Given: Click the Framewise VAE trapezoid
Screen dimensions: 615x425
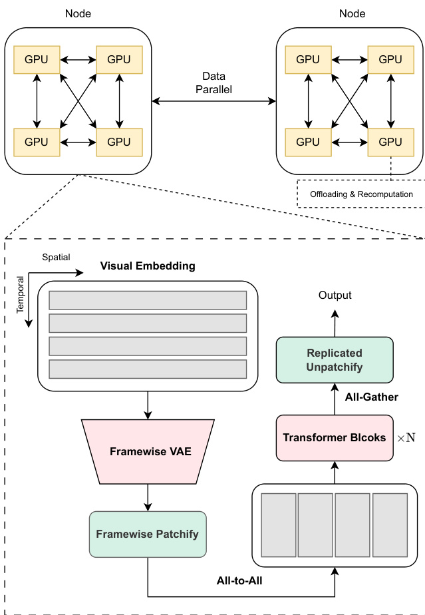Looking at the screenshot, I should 147,451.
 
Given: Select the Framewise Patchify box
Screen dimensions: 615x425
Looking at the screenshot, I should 147,534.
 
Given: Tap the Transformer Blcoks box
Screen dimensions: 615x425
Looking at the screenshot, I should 335,437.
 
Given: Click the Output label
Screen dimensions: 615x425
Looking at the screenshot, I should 335,296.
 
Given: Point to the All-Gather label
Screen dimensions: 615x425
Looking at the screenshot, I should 371,397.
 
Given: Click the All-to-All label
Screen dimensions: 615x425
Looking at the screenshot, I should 239,581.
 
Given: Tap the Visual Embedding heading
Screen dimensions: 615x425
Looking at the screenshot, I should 148,266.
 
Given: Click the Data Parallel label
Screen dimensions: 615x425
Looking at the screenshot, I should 213,83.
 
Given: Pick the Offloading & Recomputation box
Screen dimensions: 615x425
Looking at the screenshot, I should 361,194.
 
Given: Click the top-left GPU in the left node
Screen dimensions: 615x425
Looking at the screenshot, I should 37,59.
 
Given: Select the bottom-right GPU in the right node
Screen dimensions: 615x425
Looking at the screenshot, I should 390,142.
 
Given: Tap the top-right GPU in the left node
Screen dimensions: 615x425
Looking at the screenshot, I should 119,59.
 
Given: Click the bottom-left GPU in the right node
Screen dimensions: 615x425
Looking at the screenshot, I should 308,142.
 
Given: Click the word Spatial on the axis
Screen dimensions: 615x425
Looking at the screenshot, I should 56,257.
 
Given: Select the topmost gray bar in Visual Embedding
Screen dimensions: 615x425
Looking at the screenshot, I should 147,300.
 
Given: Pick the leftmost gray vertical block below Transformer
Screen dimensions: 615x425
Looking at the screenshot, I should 278,525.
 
